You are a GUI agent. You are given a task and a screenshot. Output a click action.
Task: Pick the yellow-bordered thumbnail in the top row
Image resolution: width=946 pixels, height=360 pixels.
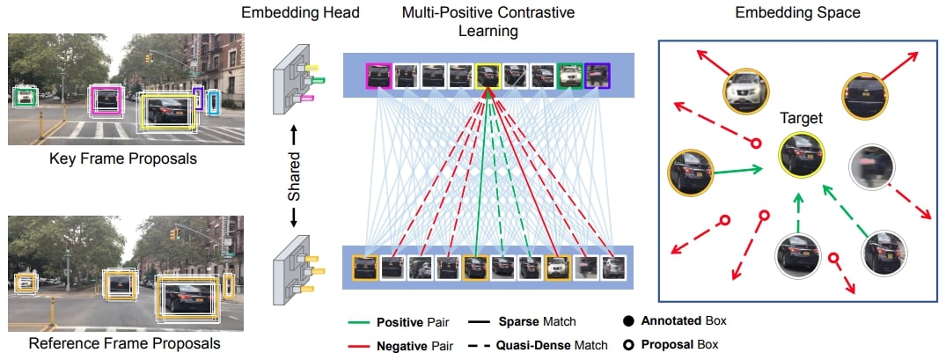point(488,76)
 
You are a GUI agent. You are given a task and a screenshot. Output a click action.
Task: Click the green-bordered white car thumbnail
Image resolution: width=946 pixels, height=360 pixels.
point(568,76)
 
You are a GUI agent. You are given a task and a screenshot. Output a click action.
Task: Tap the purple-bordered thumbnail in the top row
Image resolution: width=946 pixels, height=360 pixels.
point(596,76)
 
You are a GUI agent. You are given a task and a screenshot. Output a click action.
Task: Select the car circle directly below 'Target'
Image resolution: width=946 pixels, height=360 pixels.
point(797,253)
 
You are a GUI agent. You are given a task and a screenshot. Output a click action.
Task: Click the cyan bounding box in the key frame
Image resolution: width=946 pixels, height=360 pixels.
point(212,102)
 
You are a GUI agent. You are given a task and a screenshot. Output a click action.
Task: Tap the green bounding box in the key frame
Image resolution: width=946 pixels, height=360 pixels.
point(25,96)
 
